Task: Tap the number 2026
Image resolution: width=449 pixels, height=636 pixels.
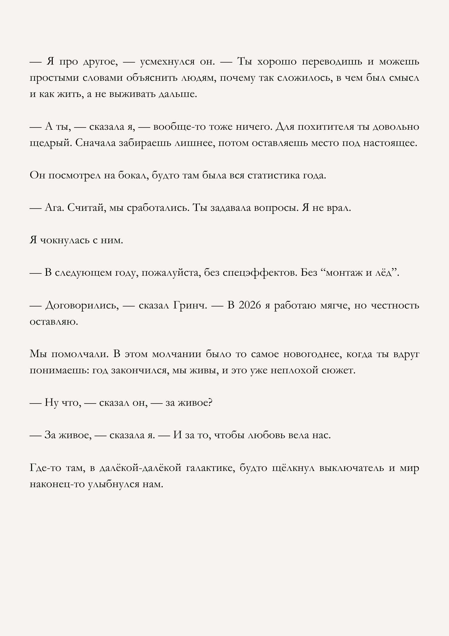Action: tap(250, 305)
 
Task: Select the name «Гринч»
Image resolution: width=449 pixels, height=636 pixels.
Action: tap(190, 305)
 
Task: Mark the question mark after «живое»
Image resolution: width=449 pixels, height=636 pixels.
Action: tap(210, 403)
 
